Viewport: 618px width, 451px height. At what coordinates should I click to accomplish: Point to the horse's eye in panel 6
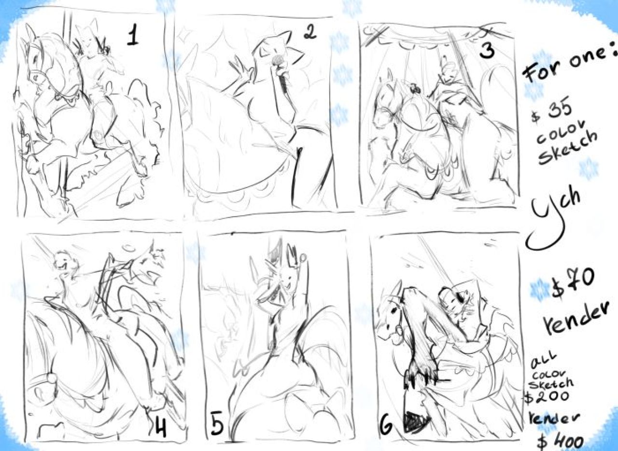click(x=395, y=310)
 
